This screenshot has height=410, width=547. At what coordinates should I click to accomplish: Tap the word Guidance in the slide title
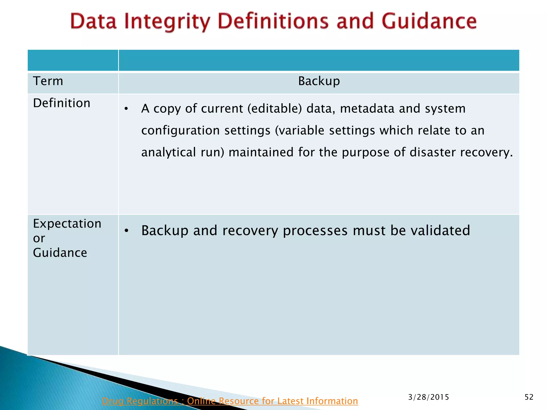[429, 21]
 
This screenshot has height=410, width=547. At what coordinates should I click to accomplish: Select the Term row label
[48, 81]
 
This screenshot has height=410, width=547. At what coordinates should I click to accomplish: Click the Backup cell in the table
[319, 81]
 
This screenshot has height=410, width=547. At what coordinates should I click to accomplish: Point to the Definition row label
[62, 103]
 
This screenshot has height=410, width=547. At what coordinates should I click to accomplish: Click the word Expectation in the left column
[67, 224]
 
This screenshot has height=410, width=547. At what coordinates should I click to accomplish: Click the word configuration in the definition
[181, 131]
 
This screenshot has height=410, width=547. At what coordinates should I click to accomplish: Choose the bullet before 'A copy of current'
[127, 109]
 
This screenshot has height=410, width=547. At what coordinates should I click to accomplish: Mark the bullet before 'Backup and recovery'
[127, 231]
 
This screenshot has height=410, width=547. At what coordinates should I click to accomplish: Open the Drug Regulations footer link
[230, 401]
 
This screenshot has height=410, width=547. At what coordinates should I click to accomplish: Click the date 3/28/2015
[428, 397]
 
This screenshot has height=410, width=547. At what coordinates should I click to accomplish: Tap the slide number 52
[529, 397]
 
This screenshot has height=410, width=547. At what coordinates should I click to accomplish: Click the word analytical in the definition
[169, 152]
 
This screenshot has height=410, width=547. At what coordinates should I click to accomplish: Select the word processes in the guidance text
[315, 230]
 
